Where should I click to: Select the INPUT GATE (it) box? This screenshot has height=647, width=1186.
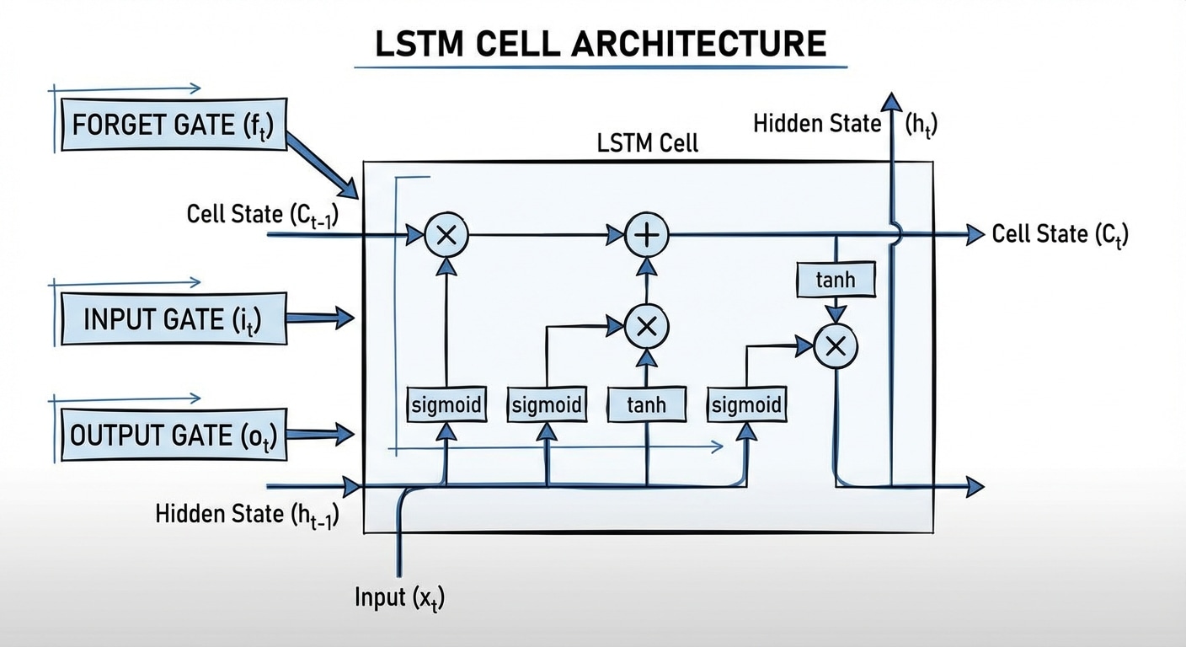click(x=173, y=319)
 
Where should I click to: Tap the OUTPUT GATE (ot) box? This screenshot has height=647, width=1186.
click(x=173, y=436)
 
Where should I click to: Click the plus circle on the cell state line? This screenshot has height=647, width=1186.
click(x=646, y=235)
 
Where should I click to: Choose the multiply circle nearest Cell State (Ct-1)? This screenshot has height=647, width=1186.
click(x=446, y=235)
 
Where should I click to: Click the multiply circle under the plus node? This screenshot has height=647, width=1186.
click(x=646, y=327)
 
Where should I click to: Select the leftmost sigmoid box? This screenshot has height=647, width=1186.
click(x=446, y=405)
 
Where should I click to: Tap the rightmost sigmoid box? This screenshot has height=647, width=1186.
click(x=746, y=405)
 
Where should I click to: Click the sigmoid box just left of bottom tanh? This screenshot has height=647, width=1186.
click(x=547, y=405)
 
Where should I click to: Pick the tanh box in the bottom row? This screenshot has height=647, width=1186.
click(x=646, y=405)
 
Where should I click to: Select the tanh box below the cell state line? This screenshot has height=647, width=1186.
click(x=835, y=280)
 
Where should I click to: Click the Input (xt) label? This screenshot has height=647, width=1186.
click(x=399, y=598)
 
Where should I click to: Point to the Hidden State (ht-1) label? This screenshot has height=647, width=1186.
click(x=247, y=514)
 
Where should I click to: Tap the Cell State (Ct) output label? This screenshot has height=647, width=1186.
click(x=1060, y=234)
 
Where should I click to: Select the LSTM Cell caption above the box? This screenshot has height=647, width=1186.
click(x=647, y=143)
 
